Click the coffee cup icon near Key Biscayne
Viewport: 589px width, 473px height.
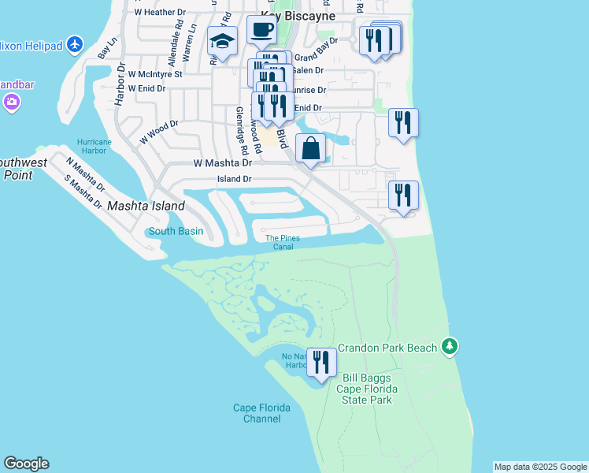pos(262,31)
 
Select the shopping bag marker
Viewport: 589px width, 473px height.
pos(311,148)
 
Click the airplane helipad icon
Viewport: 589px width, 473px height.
pos(75,44)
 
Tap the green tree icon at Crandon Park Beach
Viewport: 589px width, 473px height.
pos(450,346)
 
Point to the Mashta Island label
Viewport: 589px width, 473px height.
pos(146,206)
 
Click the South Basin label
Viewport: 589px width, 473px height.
pos(176,231)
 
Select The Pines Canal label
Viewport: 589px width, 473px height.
pos(283,242)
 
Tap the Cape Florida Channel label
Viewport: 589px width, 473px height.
pos(262,413)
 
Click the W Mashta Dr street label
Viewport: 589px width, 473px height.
pos(222,163)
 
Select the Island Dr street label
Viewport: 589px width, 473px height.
pos(235,179)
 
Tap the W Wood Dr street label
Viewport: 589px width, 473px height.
pos(159,131)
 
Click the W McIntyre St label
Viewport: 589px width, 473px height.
pos(154,74)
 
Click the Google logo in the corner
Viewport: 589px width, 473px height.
pos(26,464)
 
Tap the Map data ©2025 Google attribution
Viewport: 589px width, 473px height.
pos(540,467)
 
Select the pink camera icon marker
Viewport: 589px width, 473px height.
pos(11,102)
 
